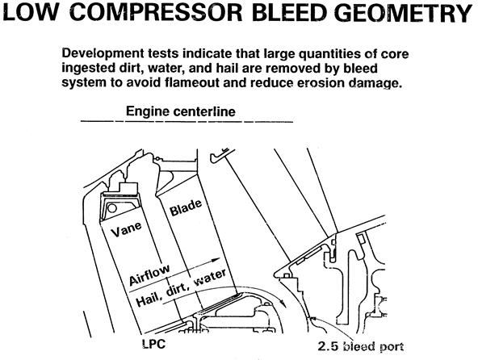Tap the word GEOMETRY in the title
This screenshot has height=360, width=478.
pos(405,13)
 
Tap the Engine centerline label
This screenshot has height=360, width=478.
pos(181,111)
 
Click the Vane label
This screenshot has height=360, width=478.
pos(126,229)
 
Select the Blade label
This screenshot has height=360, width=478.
pos(186,207)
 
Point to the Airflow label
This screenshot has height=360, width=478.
pos(149,275)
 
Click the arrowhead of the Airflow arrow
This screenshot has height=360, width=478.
pos(216,260)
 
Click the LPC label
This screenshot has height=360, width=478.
pos(154,344)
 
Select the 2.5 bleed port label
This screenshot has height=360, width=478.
pos(361,346)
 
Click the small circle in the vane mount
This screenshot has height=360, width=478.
pos(112,208)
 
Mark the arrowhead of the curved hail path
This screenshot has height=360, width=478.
pos(283,303)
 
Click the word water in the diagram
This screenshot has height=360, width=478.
pos(211,278)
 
